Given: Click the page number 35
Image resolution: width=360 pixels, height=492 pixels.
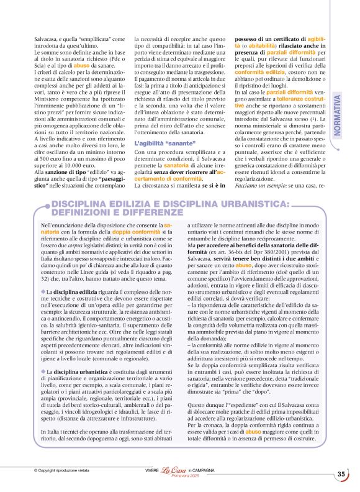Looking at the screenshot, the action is pyautogui.click(x=341, y=475).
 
